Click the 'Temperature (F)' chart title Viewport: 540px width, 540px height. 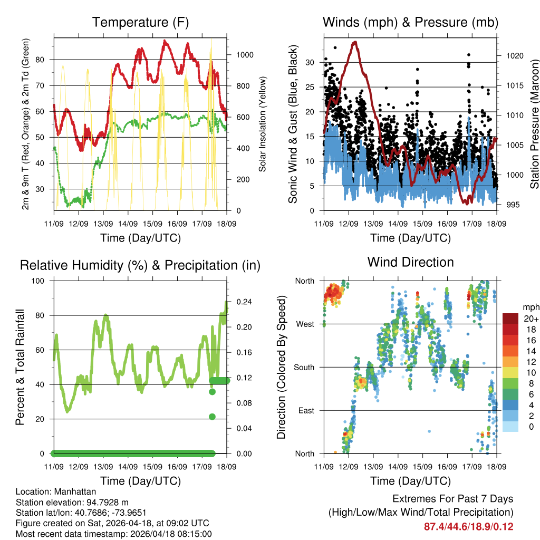[x=140, y=22]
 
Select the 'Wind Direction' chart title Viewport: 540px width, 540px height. [x=410, y=262]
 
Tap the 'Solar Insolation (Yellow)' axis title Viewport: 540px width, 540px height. [x=262, y=124]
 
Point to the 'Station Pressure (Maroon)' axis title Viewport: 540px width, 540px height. [x=534, y=124]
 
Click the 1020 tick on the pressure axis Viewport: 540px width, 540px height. [x=510, y=55]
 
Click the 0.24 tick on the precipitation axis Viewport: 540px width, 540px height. [x=240, y=302]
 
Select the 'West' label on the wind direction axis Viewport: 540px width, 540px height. [x=305, y=324]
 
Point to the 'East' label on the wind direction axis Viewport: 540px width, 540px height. [x=305, y=410]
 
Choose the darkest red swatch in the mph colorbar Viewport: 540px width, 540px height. [x=510, y=319]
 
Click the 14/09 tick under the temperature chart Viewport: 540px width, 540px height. [x=128, y=224]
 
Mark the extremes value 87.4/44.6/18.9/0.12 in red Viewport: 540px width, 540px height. [x=468, y=527]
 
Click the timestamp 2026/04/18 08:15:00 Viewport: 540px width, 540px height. [x=165, y=533]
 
